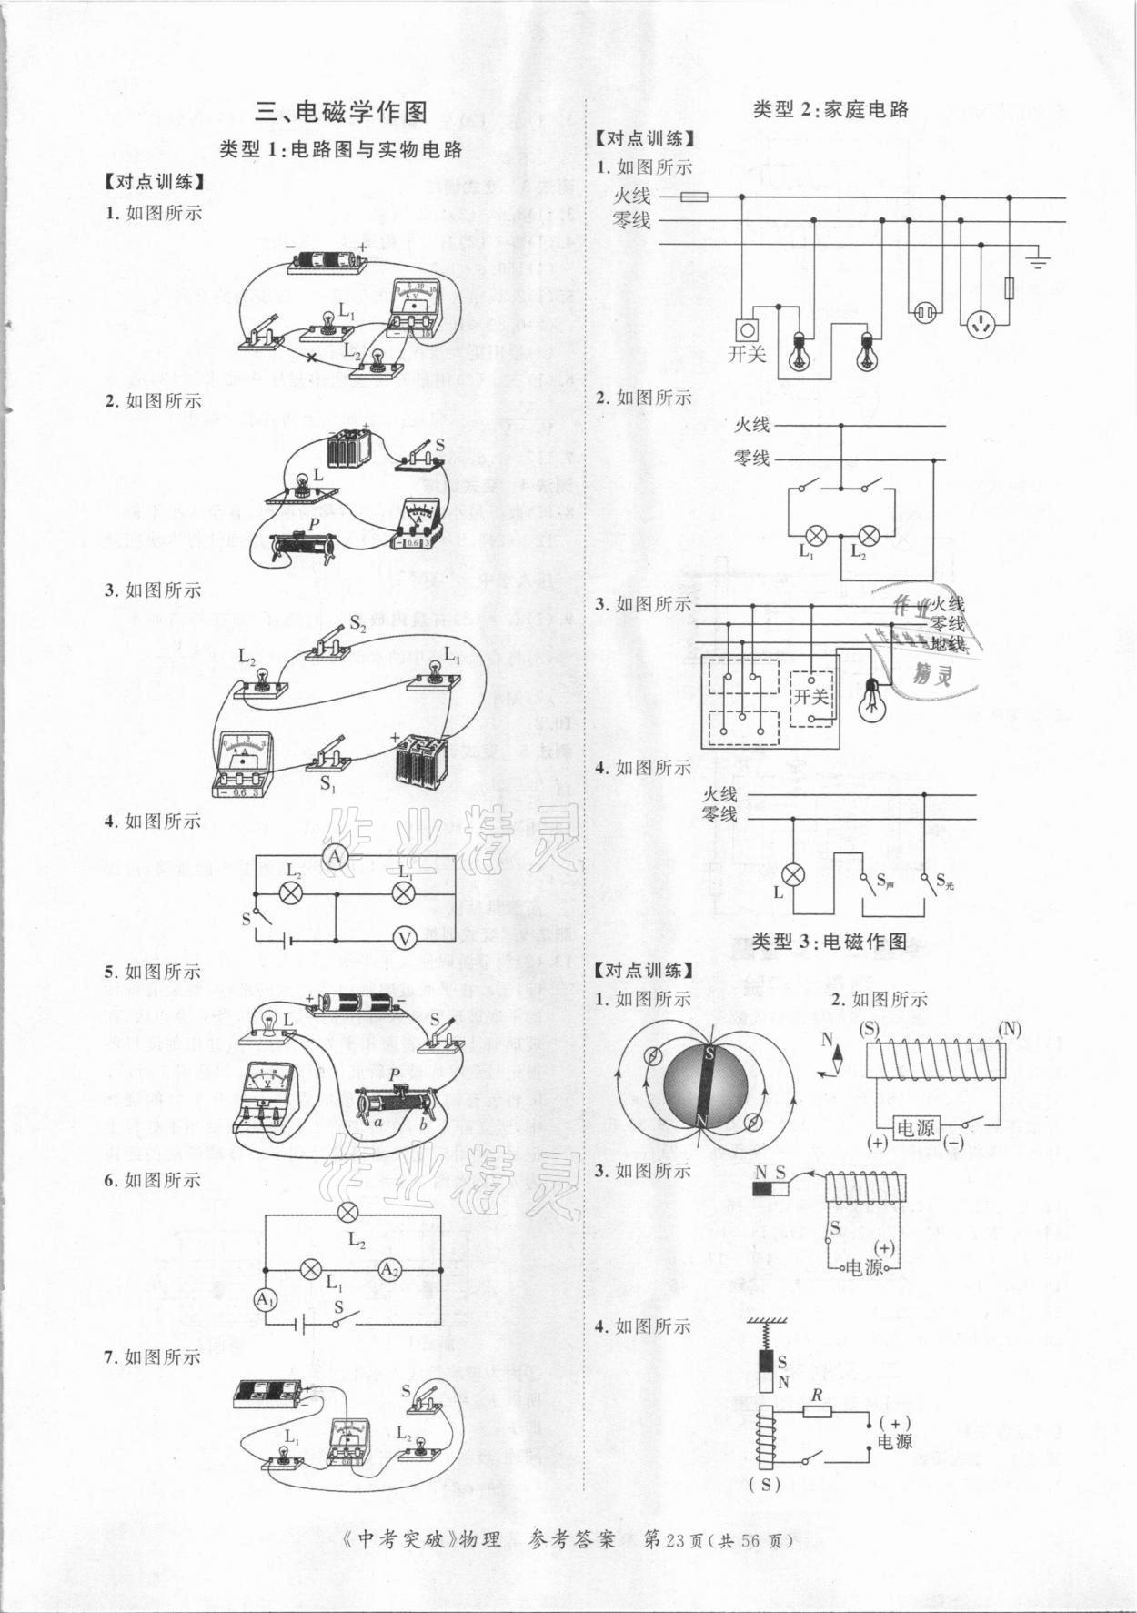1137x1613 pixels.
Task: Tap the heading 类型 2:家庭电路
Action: [831, 109]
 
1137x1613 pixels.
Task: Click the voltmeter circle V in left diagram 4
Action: [403, 938]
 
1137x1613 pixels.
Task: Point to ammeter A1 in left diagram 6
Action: [265, 1300]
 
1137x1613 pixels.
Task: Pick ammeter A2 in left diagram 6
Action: [389, 1269]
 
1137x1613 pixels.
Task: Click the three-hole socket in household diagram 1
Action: [981, 323]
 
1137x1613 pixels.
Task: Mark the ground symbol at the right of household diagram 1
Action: [1038, 261]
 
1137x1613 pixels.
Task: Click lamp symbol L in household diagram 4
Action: [794, 875]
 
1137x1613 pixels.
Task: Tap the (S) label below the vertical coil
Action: [765, 1510]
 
